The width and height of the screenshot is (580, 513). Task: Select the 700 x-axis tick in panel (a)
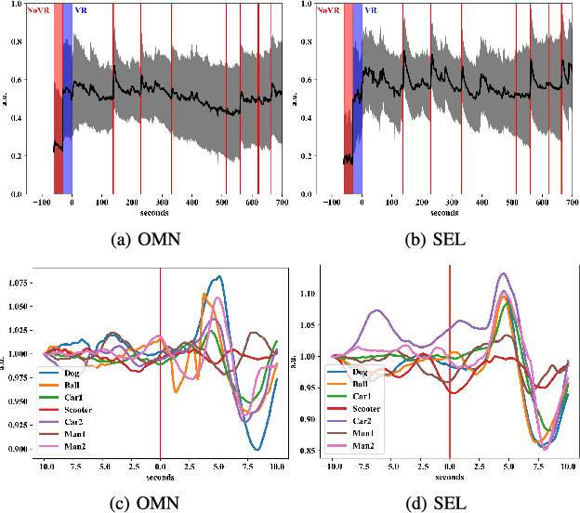point(281,203)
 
